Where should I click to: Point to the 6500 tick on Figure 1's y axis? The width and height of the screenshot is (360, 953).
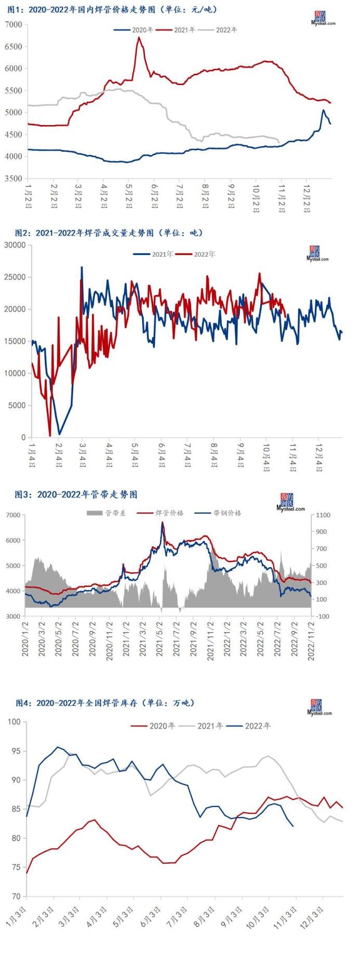[14, 47]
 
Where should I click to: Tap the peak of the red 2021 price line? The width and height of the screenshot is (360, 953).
[139, 37]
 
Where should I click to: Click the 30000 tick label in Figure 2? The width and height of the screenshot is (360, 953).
[15, 245]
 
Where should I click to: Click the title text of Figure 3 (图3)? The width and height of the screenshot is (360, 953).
[76, 494]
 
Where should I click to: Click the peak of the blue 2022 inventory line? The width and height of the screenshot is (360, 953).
[57, 747]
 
